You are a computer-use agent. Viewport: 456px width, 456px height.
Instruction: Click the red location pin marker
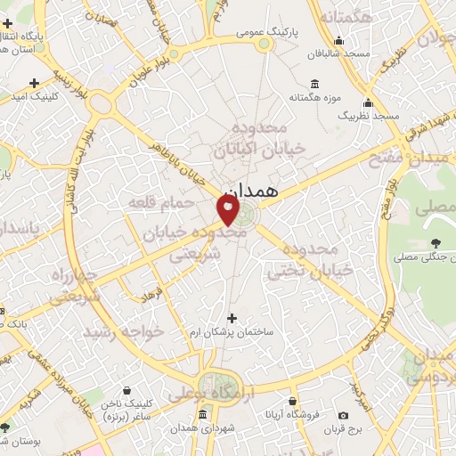(x=228, y=209)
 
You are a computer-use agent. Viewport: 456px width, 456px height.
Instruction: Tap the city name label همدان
(x=253, y=191)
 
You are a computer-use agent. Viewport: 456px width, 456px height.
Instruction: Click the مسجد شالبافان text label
(x=338, y=54)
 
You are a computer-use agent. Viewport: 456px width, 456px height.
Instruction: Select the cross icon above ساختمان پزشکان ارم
(x=232, y=318)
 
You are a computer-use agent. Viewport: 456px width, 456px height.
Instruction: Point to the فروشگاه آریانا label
(x=288, y=415)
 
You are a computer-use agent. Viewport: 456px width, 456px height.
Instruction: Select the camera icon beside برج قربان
(x=343, y=415)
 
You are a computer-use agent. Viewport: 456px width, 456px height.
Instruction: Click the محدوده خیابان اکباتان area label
(x=267, y=134)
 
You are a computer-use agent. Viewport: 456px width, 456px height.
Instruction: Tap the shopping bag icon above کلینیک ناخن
(x=126, y=390)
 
